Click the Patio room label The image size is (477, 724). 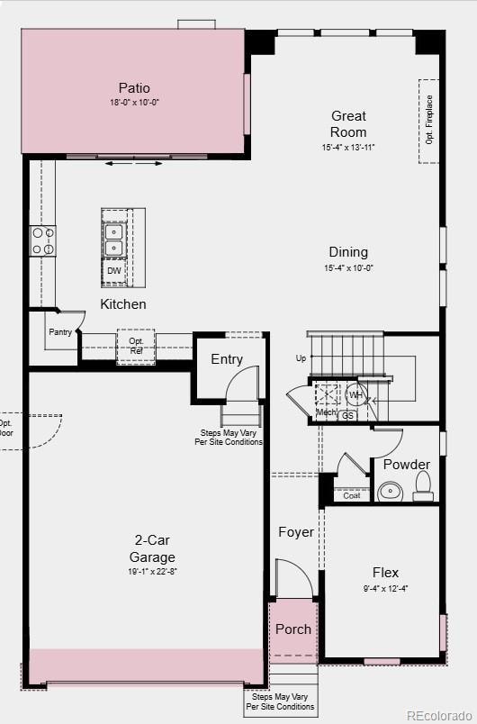pos(134,88)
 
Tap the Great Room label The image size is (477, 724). pos(348,124)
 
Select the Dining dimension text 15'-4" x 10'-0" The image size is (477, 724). pos(347,268)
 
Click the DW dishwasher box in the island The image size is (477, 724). pos(113,270)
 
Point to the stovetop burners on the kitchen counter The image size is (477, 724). pos(43,240)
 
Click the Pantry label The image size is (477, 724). pos(60,332)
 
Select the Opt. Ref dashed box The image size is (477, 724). pos(136,347)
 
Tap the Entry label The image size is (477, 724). pos(227,359)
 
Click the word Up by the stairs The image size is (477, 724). pos(301,358)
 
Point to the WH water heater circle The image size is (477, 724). pos(356,395)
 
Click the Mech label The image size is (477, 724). pos(325,413)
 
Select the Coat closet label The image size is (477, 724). pos(352,495)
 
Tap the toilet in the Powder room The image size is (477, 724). pos(423,487)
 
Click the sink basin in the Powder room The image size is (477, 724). pos(391,491)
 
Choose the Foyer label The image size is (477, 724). pos(296,532)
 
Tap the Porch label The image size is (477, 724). pos(293,629)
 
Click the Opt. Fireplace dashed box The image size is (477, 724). pos(429,121)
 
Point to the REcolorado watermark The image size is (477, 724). pos(438,715)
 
